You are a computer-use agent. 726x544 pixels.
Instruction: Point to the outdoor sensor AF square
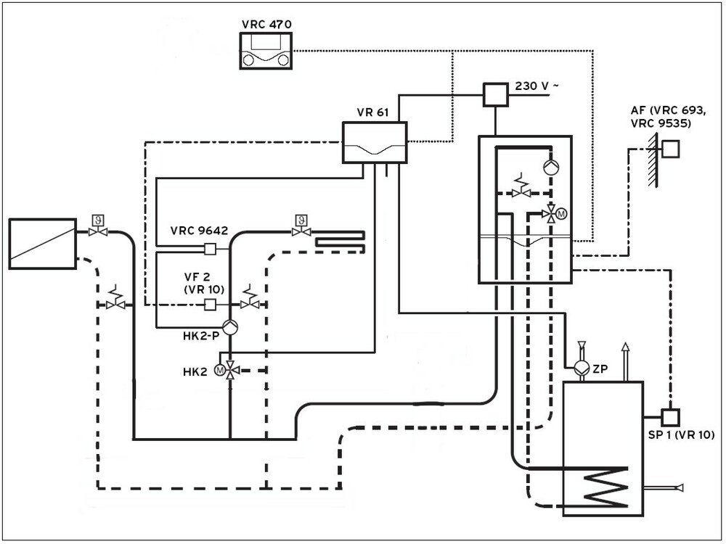click(672, 149)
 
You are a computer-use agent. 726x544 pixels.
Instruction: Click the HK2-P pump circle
click(229, 327)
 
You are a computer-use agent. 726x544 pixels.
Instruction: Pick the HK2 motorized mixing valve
click(229, 370)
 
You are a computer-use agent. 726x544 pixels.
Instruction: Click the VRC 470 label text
click(266, 24)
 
